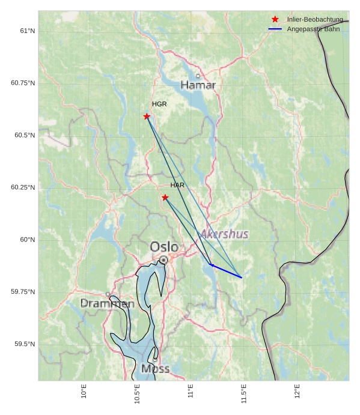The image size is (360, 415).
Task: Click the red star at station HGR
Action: pos(147,116)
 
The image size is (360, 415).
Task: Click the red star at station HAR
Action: pos(165,197)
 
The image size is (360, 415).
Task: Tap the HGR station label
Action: pos(159,105)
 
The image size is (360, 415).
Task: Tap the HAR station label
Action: pos(177,185)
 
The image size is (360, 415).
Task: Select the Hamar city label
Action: pos(198,86)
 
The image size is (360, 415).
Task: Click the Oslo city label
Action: pos(163,247)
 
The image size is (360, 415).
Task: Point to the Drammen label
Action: pos(108,304)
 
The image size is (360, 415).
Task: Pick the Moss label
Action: pos(155,369)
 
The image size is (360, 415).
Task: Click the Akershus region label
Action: pos(224,234)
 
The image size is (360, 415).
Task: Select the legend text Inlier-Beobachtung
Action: pos(315,20)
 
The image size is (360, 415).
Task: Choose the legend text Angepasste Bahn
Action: pos(314,29)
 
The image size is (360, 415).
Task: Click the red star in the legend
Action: pos(275,20)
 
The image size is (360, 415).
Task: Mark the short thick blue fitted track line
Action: pos(226,271)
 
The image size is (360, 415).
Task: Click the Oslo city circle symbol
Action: pos(163,259)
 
